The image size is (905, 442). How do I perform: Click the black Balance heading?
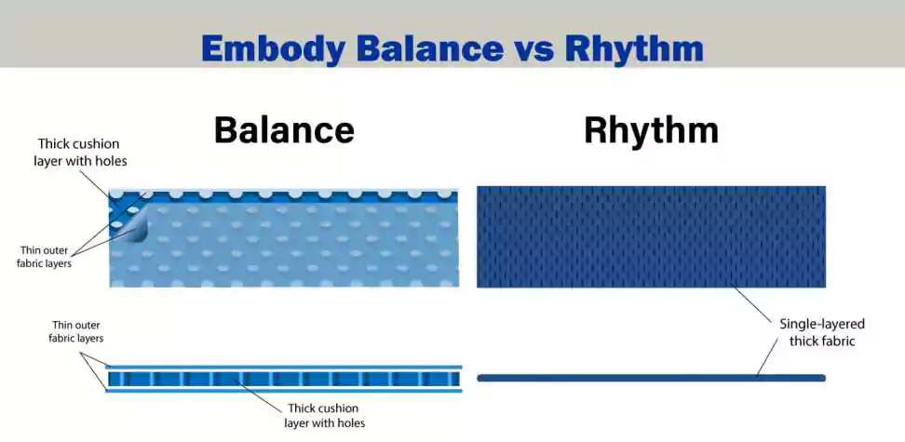(284, 130)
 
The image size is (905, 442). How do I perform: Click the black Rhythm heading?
(651, 130)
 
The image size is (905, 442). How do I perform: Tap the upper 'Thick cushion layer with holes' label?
(80, 153)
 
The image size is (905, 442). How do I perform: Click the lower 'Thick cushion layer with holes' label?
(324, 415)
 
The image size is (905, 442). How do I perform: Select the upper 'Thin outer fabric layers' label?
(44, 258)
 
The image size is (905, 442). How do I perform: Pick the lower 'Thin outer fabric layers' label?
(76, 332)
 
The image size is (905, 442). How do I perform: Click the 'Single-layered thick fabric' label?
(822, 332)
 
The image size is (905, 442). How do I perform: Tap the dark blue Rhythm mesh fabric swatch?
(651, 236)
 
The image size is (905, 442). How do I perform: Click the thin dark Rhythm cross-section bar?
(651, 378)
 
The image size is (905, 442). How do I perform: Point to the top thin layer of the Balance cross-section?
(284, 367)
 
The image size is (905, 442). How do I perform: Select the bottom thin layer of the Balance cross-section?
(284, 391)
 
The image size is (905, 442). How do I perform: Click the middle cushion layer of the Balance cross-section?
(284, 379)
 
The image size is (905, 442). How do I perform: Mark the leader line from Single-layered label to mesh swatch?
(751, 303)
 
